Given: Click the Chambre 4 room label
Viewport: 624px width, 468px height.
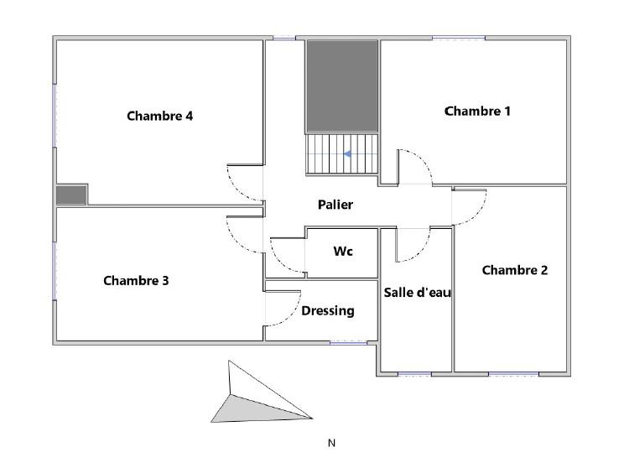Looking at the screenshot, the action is (x=160, y=116).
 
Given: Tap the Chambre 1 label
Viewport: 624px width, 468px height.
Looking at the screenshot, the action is (x=477, y=111).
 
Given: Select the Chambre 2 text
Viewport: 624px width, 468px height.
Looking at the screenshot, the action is (x=515, y=270).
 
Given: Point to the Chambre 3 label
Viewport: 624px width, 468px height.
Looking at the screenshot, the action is (x=136, y=281).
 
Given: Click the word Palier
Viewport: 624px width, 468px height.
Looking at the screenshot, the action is (x=335, y=205).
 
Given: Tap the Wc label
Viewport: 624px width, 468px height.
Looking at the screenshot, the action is (x=343, y=251).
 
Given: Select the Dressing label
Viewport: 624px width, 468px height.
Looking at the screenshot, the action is (x=328, y=311).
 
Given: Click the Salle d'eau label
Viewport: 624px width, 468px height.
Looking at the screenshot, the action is (x=418, y=293).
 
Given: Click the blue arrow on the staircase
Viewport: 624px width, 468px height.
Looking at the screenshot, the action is (x=347, y=153).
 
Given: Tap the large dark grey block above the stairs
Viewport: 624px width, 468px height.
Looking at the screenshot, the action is (x=342, y=86).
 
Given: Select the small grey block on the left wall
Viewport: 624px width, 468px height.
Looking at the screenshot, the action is (x=71, y=195).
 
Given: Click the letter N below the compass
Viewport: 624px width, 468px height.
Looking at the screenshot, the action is (x=331, y=443).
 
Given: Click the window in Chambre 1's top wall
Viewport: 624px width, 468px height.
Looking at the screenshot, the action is (x=459, y=39).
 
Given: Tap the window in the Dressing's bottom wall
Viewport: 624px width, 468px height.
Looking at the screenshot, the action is (x=349, y=342).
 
